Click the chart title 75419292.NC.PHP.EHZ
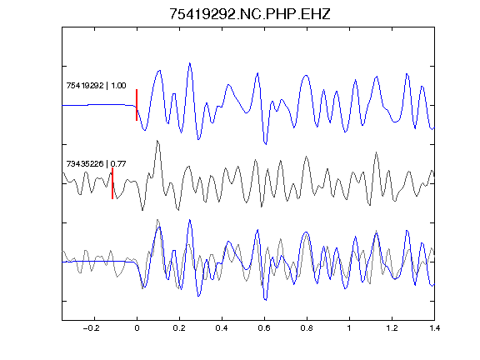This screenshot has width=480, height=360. click(250, 14)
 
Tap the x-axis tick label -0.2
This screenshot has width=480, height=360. click(91, 328)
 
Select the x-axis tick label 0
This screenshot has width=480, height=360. click(137, 328)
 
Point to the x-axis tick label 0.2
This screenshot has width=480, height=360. click(179, 328)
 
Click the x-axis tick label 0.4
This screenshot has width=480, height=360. click(222, 328)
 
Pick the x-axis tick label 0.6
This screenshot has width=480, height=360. click(264, 328)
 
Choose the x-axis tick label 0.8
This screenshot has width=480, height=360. click(307, 328)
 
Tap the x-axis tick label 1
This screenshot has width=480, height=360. click(349, 328)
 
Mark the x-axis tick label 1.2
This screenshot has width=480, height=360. click(392, 328)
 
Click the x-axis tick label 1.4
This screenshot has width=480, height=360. click(434, 328)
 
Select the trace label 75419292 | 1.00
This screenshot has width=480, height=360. click(96, 85)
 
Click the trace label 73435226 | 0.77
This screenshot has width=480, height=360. click(96, 164)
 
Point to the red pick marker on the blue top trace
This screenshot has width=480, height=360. click(137, 105)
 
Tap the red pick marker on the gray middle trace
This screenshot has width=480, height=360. click(112, 183)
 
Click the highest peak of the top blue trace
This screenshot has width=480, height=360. click(190, 63)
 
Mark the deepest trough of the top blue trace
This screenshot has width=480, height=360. click(265, 143)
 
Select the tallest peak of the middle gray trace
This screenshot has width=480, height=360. click(157, 141)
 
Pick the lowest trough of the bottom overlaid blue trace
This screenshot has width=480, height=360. click(265, 300)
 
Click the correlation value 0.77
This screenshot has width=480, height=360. click(118, 164)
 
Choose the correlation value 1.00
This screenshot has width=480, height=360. click(118, 85)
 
